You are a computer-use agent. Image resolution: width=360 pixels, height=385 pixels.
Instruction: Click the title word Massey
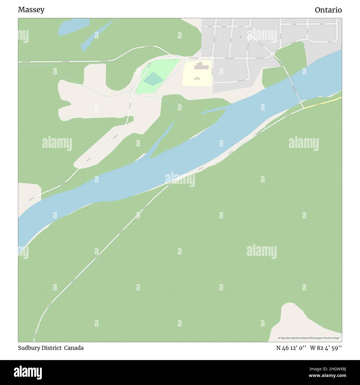[31, 10]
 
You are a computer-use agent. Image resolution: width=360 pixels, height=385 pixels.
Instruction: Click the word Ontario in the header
[328, 10]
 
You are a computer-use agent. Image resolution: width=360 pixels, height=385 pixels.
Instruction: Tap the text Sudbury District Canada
[51, 348]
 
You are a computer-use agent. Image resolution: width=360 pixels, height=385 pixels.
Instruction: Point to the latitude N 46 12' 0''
[291, 348]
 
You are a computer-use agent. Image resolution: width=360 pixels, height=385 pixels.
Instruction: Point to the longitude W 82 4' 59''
[326, 348]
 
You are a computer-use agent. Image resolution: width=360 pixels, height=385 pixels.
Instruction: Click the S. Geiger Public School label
[197, 78]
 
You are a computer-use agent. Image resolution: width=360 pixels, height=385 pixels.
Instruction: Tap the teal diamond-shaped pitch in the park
[153, 79]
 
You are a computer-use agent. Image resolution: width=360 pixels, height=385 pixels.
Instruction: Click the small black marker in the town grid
[240, 37]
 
